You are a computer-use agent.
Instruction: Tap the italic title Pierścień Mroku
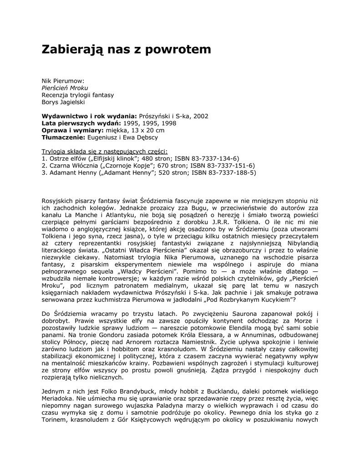tap(65, 88)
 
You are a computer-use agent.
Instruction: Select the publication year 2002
tap(201, 116)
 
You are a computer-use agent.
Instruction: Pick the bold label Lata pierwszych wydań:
tap(81, 123)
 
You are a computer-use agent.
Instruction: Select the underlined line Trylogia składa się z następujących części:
tap(105, 151)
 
